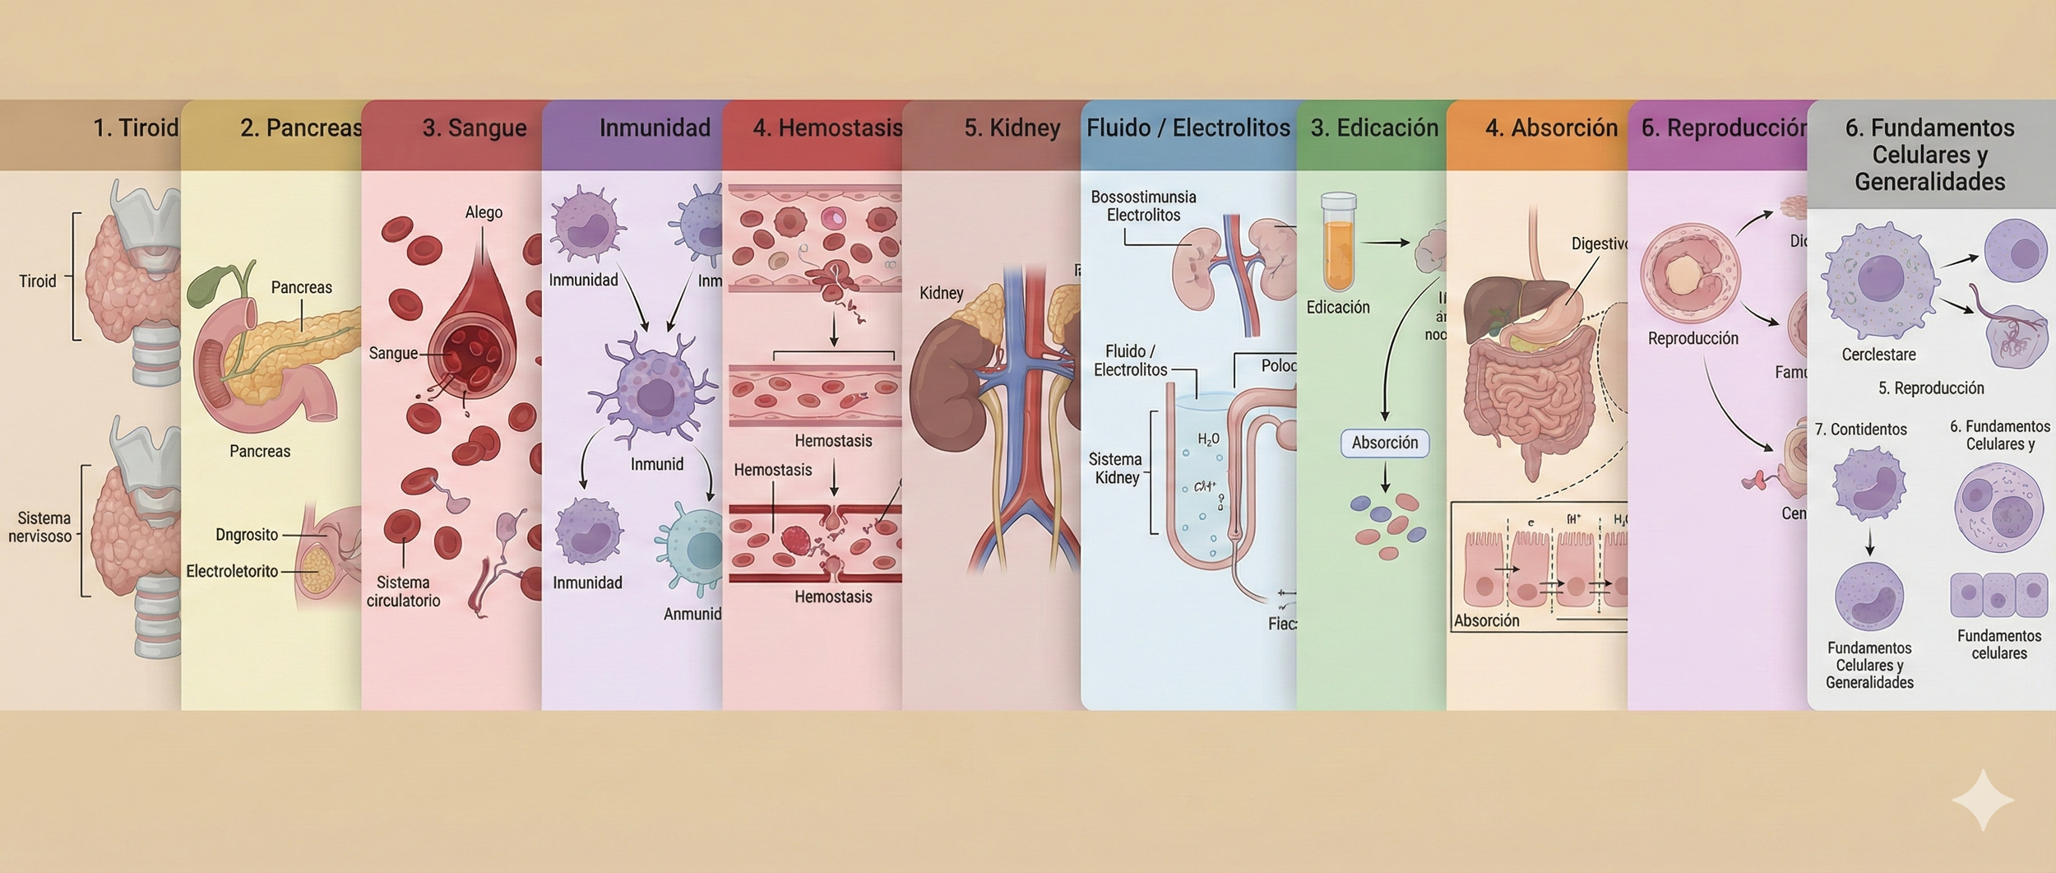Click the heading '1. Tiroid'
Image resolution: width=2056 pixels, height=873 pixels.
coord(135,128)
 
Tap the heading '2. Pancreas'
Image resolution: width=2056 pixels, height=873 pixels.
coord(300,128)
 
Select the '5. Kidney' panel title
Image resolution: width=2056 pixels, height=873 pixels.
coord(1012,128)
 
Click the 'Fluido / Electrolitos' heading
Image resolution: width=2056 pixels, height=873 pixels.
coord(1188,128)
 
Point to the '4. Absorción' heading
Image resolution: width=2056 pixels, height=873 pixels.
coord(1551,128)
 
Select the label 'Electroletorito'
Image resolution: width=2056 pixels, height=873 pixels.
coord(232,571)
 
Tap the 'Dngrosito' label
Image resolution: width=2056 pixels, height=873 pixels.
coord(247,535)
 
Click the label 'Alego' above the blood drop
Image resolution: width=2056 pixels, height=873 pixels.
coord(484,212)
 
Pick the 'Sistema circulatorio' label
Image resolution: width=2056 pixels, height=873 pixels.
coord(403,592)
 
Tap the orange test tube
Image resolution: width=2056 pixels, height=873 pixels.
coord(1338,243)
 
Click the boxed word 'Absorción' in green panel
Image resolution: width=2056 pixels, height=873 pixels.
coord(1385,443)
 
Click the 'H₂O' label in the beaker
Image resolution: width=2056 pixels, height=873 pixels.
coord(1208,439)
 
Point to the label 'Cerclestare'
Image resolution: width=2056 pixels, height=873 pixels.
coord(1878,355)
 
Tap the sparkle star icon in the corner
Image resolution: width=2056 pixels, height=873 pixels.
coord(1983,799)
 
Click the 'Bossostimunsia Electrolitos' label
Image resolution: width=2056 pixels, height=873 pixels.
coord(1143,206)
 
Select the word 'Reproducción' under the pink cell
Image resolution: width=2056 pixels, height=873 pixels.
coord(1692,338)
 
